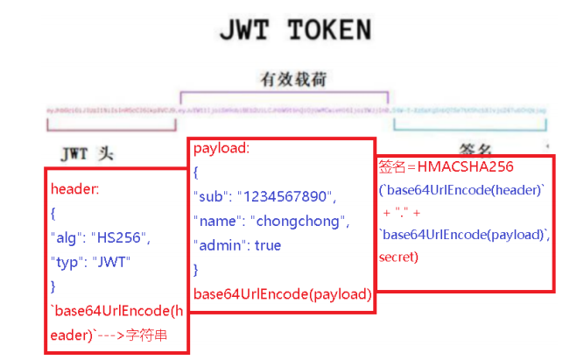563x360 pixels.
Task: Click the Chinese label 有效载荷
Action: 292,78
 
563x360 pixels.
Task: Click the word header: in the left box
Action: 75,188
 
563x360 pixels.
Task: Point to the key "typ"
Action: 66,261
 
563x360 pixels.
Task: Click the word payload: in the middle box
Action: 222,148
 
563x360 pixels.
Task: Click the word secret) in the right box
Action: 399,257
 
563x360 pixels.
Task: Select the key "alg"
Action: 66,236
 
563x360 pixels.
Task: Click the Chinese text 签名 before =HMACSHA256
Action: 392,166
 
